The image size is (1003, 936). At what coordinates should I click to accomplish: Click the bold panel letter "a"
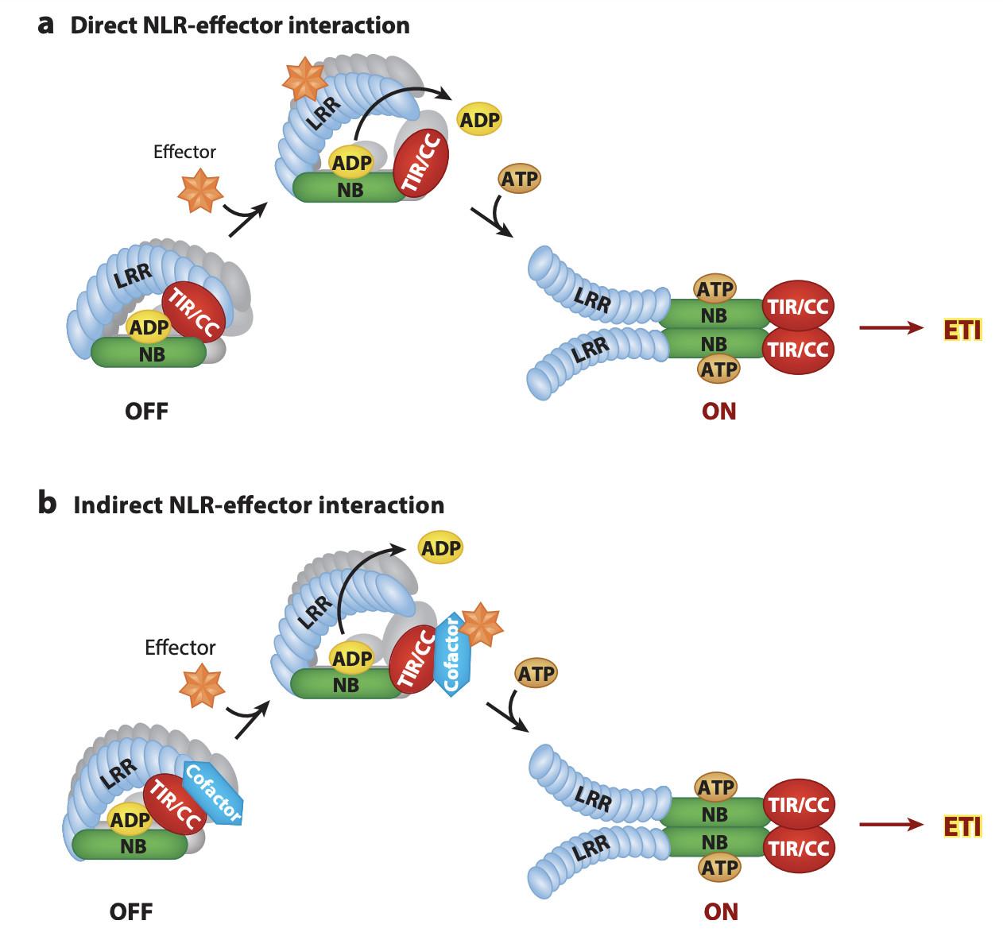pyautogui.click(x=46, y=25)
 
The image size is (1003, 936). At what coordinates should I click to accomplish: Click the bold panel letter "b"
pyautogui.click(x=47, y=504)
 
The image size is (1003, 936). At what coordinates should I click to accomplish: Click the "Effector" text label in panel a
pyautogui.click(x=184, y=151)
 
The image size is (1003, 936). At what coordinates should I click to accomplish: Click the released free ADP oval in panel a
pyautogui.click(x=479, y=120)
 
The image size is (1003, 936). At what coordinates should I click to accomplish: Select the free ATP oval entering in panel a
pyautogui.click(x=519, y=179)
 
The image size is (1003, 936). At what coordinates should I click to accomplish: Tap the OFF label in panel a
pyautogui.click(x=146, y=412)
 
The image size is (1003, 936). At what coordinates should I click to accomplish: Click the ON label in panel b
pyautogui.click(x=721, y=911)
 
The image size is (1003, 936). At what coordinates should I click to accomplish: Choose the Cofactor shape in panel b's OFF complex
pyautogui.click(x=212, y=793)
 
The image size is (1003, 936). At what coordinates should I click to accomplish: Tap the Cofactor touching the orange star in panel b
pyautogui.click(x=452, y=654)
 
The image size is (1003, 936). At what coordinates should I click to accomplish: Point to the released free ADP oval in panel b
pyautogui.click(x=440, y=547)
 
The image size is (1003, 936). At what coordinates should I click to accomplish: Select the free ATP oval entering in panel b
pyautogui.click(x=536, y=673)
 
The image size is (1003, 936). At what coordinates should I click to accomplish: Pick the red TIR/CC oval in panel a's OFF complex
pyautogui.click(x=194, y=311)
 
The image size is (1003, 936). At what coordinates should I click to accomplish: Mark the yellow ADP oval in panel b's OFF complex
pyautogui.click(x=130, y=820)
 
